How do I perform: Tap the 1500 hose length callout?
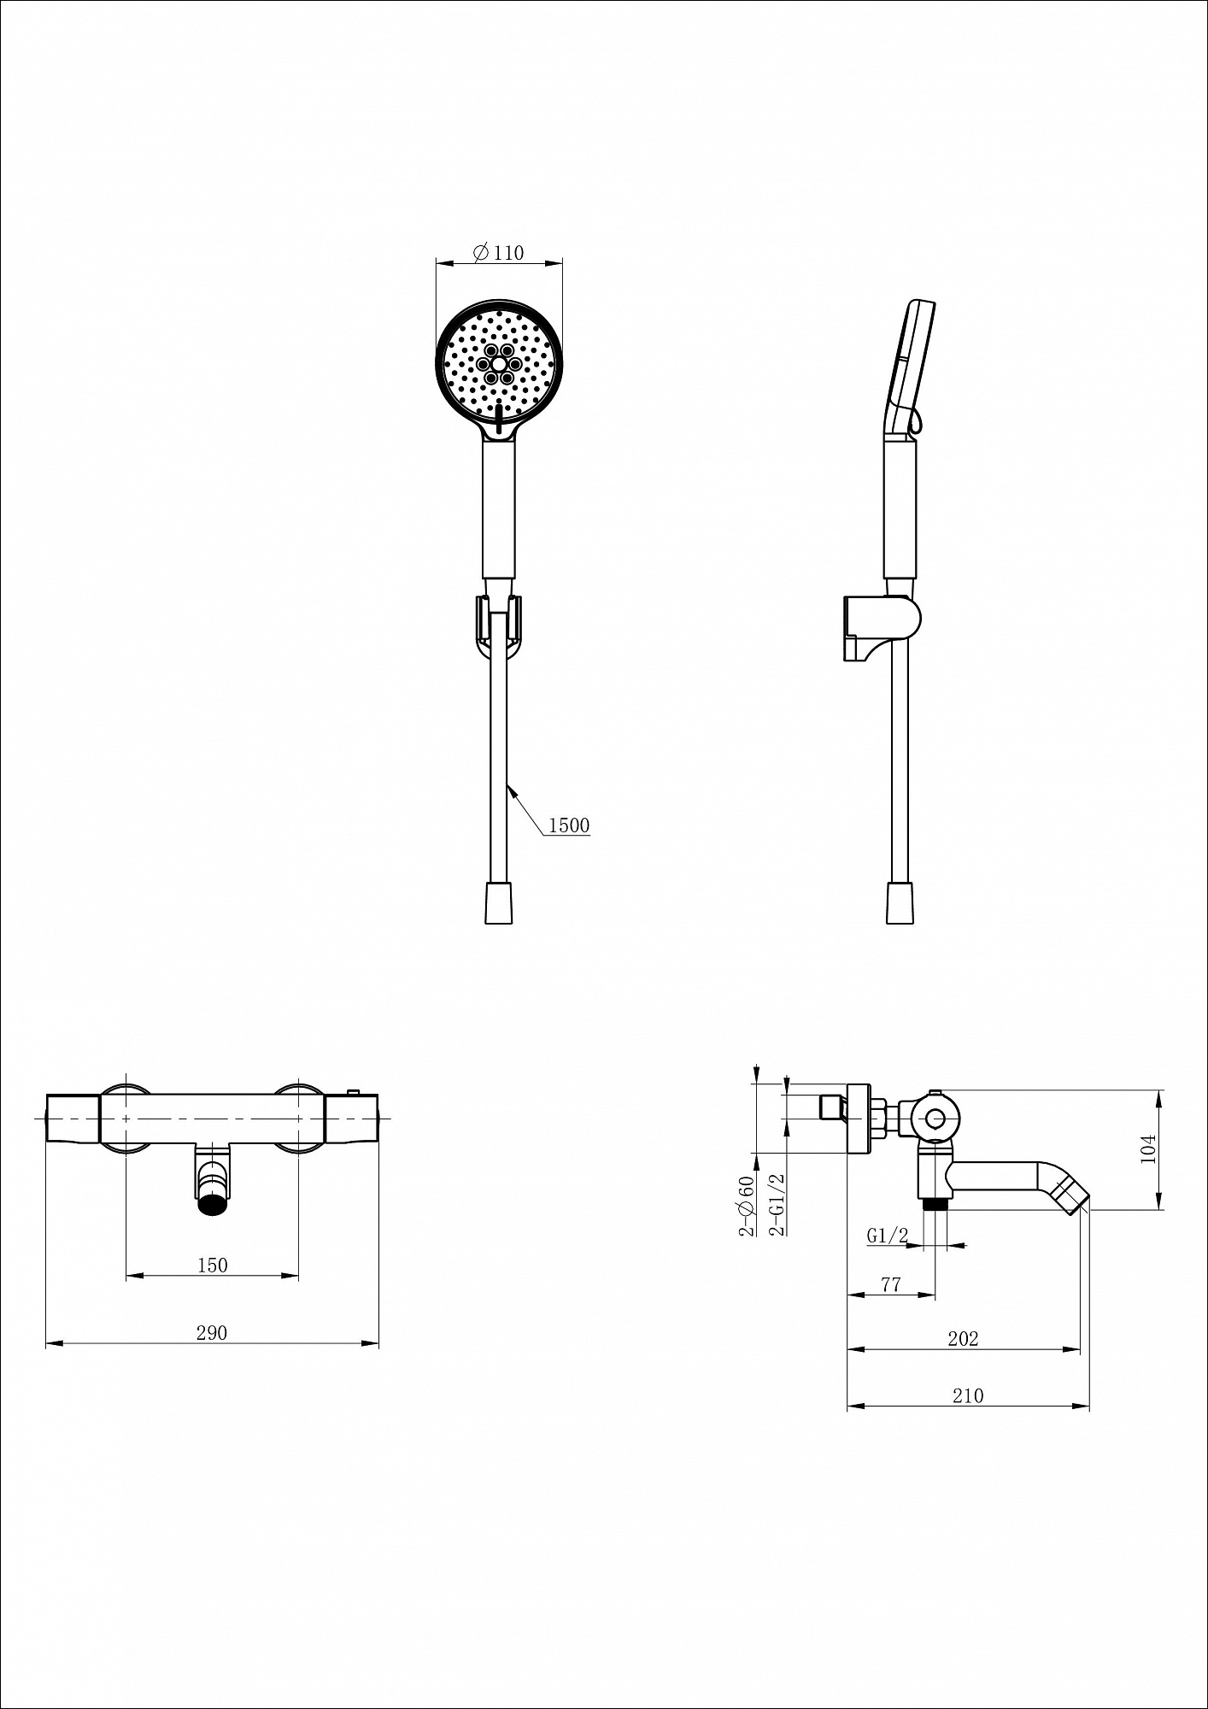click(x=569, y=825)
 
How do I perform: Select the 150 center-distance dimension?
click(x=213, y=1266)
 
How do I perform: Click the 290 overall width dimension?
click(x=212, y=1332)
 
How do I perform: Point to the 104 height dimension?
click(x=1148, y=1148)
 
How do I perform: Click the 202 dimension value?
click(x=963, y=1339)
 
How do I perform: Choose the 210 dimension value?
click(x=968, y=1395)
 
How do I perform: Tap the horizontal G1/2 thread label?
click(x=887, y=1235)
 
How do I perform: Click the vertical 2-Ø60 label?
click(x=748, y=1206)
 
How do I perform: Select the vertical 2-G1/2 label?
click(x=777, y=1205)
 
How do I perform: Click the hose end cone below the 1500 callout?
click(x=499, y=902)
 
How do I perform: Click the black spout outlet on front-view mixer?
click(x=214, y=1206)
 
